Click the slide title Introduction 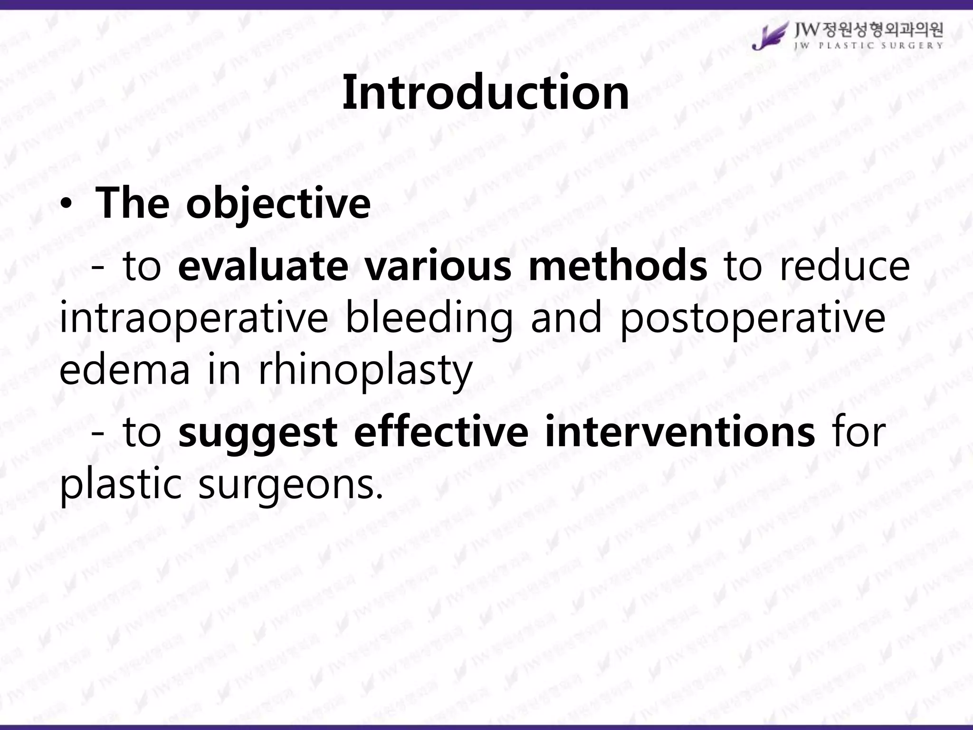[486, 93]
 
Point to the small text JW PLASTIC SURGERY [868, 46]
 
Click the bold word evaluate [263, 266]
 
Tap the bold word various [438, 266]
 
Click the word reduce [845, 266]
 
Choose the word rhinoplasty [365, 371]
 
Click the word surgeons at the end [290, 486]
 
